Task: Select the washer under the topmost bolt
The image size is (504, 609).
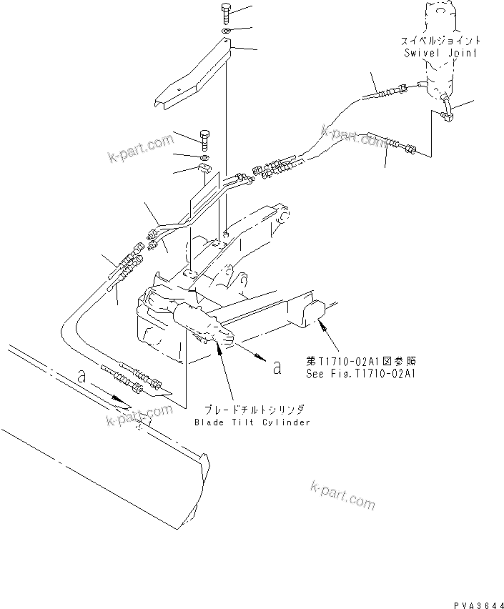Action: (226, 32)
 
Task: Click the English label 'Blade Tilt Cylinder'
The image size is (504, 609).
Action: (252, 422)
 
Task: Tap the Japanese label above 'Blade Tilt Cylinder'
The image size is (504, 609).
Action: (254, 410)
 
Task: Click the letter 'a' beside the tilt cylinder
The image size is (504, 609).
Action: (276, 367)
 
